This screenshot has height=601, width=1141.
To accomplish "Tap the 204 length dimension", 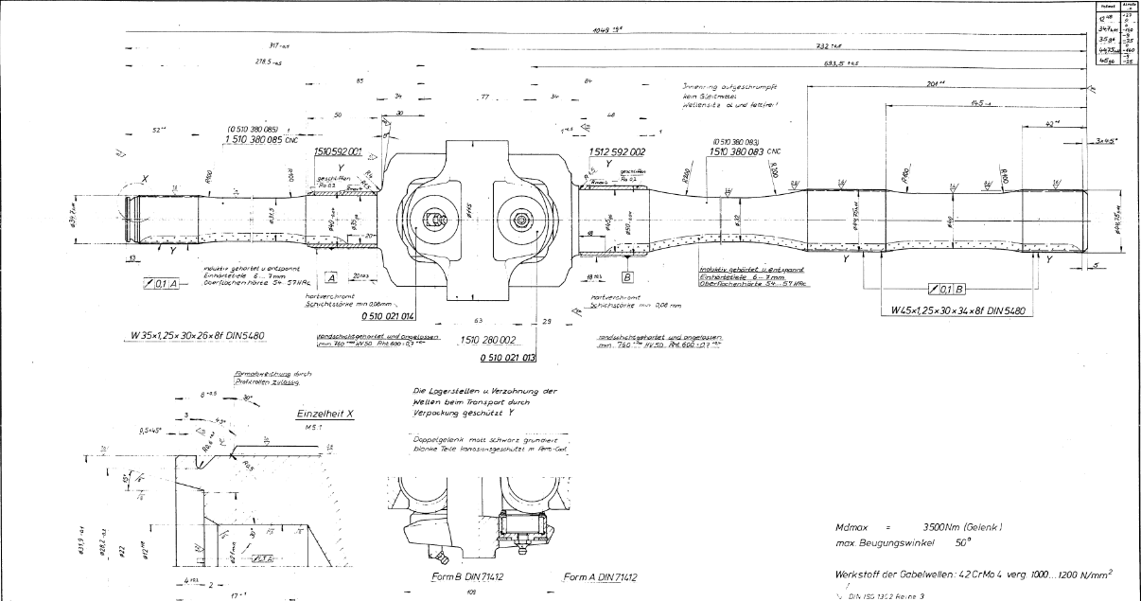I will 936,83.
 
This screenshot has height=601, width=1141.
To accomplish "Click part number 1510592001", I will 339,151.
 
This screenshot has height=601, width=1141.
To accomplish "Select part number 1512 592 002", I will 616,151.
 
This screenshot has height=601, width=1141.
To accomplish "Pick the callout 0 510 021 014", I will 382,315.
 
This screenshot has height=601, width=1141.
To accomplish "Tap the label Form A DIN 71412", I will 599,576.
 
